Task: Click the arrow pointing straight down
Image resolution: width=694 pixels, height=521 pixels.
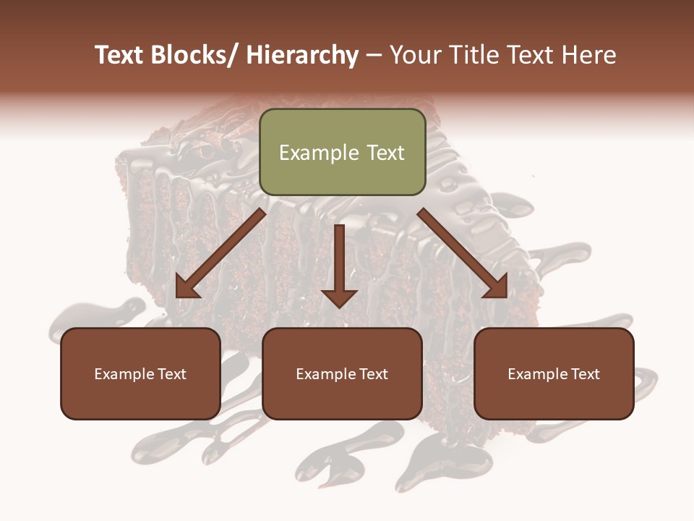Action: (339, 264)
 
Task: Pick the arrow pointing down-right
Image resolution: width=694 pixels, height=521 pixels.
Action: (463, 253)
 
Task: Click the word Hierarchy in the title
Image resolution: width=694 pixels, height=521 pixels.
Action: (302, 55)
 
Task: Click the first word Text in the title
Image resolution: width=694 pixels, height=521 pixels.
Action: (120, 55)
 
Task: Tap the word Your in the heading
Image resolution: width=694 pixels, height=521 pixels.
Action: (415, 55)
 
